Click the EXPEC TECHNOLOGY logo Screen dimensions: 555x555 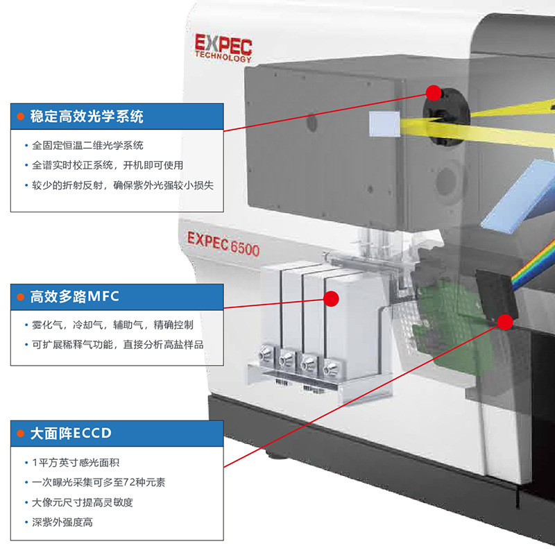click(223, 47)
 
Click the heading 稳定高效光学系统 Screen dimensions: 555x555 click(87, 117)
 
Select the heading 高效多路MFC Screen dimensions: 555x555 click(75, 297)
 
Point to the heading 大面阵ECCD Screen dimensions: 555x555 click(71, 434)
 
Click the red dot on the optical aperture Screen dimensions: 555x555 click(434, 92)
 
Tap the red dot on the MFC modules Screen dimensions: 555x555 click(332, 298)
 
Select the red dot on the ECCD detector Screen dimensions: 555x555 click(505, 321)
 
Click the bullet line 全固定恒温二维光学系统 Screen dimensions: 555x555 click(88, 146)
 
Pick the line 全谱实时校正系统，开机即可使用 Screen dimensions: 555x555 click(108, 166)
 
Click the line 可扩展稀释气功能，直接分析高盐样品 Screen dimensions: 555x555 click(118, 344)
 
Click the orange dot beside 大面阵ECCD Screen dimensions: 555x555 click(20, 434)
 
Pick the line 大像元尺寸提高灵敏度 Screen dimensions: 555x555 click(82, 502)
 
